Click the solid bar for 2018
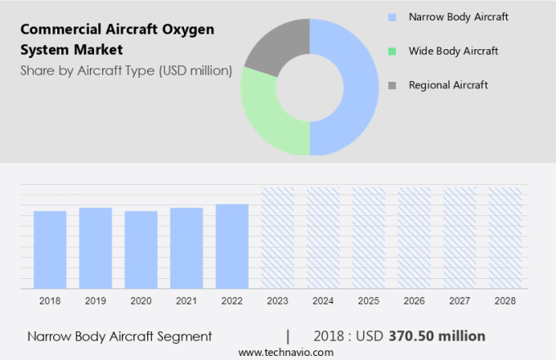coord(50,250)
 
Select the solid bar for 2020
coord(141,250)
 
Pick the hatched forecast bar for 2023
coord(277,237)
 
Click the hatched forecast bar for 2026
coord(414,237)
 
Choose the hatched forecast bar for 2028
coord(504,237)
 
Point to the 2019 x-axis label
coord(96,301)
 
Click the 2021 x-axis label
coord(186,301)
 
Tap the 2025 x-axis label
coord(368,301)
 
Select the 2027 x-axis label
coord(460,301)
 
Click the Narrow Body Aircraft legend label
coord(460,16)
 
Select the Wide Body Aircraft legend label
coord(453,51)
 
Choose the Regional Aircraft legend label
coord(448,85)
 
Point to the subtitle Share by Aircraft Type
coord(126,71)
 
